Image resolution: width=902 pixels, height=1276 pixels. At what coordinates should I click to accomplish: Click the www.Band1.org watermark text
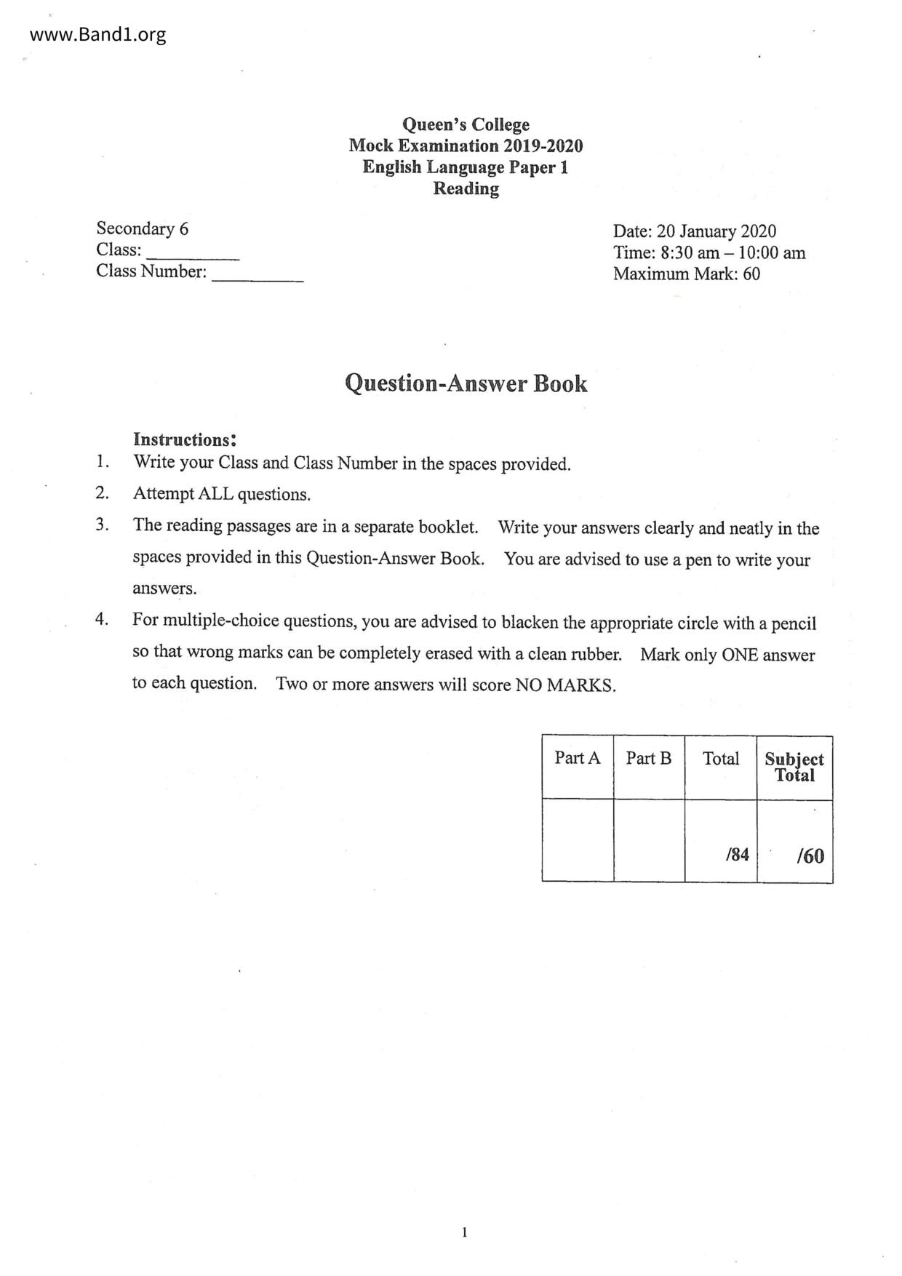(98, 34)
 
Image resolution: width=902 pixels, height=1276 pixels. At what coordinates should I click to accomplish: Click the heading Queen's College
(466, 124)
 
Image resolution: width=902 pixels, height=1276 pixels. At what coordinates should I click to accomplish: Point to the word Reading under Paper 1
(466, 188)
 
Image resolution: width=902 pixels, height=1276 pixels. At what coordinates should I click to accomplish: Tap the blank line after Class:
(193, 255)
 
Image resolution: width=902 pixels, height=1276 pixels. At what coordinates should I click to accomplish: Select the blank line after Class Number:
(258, 276)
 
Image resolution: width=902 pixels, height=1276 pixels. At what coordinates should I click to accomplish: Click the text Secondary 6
(142, 228)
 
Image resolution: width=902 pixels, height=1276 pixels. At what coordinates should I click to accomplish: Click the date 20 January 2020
(717, 231)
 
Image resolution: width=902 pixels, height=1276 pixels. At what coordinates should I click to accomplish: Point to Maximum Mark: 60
(686, 274)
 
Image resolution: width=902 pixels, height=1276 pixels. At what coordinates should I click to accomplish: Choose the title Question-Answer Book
(466, 383)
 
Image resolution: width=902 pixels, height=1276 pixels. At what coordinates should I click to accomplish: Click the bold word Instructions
(183, 439)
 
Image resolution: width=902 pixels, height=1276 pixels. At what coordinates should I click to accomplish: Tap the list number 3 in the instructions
(102, 525)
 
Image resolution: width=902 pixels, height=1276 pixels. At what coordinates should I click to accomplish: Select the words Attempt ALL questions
(221, 495)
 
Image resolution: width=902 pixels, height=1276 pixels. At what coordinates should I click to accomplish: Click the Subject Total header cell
(794, 767)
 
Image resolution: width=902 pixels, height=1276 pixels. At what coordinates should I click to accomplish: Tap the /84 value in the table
(737, 855)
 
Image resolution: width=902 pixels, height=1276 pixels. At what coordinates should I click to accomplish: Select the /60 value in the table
(810, 856)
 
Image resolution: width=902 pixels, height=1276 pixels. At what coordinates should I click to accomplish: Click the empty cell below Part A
(578, 840)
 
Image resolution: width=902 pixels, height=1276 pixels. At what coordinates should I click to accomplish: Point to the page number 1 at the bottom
(464, 1232)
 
